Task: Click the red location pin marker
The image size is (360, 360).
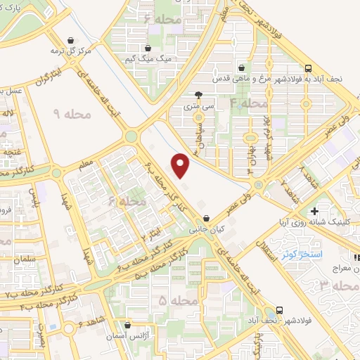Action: click(181, 165)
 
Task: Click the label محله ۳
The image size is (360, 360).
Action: click(332, 285)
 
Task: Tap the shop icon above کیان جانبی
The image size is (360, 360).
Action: click(205, 219)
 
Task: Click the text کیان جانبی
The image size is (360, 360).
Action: click(205, 229)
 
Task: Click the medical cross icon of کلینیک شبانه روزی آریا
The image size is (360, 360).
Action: click(314, 210)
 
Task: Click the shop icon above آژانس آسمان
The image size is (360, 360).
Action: click(127, 326)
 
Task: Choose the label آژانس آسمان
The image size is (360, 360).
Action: click(127, 337)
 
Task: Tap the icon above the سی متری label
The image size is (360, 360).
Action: click(199, 94)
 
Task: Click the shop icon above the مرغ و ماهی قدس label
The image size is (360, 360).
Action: click(242, 68)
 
